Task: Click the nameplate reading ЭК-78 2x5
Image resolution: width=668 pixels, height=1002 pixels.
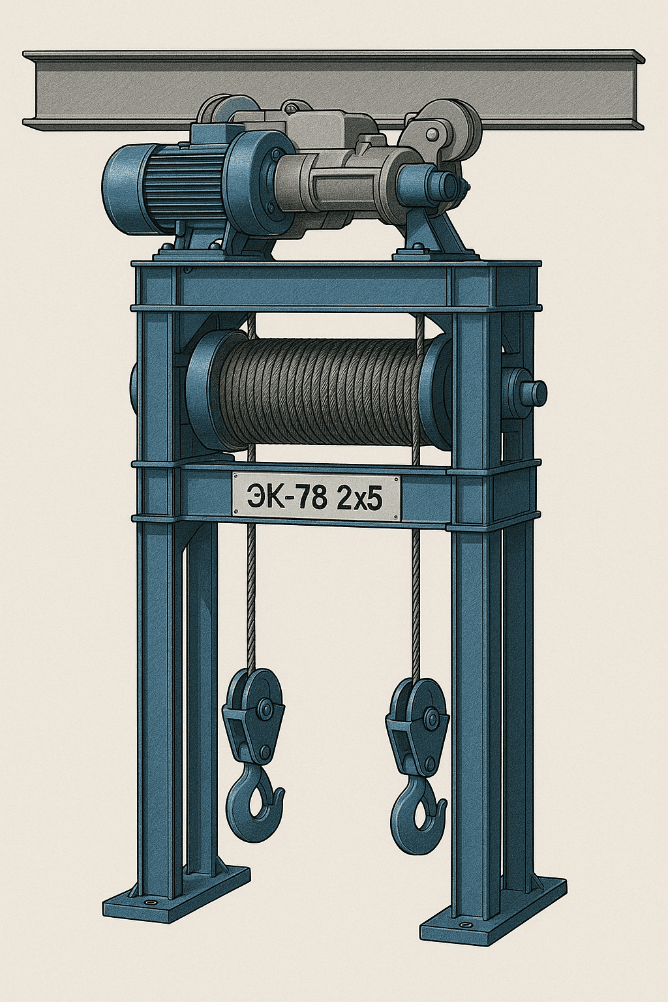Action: pyautogui.click(x=316, y=498)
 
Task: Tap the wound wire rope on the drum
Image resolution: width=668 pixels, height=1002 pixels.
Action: pyautogui.click(x=320, y=391)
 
